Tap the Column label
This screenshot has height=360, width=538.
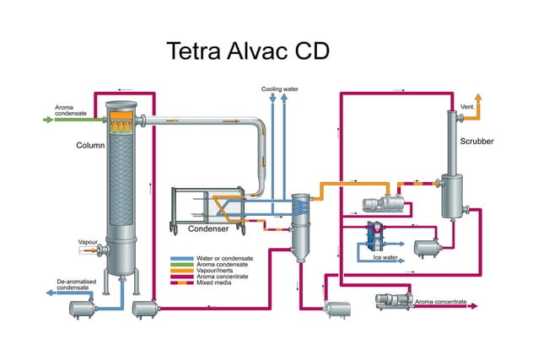pos(90,145)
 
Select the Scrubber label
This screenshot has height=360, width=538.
pos(476,141)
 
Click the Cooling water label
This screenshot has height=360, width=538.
pos(278,89)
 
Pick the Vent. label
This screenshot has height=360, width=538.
pos(467,107)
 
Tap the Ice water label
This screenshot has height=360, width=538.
pos(385,257)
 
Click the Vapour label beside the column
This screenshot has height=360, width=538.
pos(89,242)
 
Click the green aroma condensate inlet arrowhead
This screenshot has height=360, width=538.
pos(49,120)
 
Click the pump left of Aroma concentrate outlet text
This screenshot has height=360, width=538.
pos(392,298)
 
